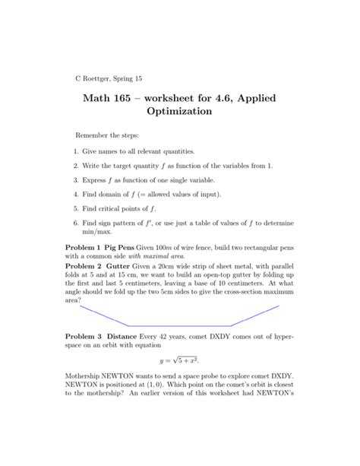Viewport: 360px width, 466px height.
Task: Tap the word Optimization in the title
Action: pyautogui.click(x=179, y=112)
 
